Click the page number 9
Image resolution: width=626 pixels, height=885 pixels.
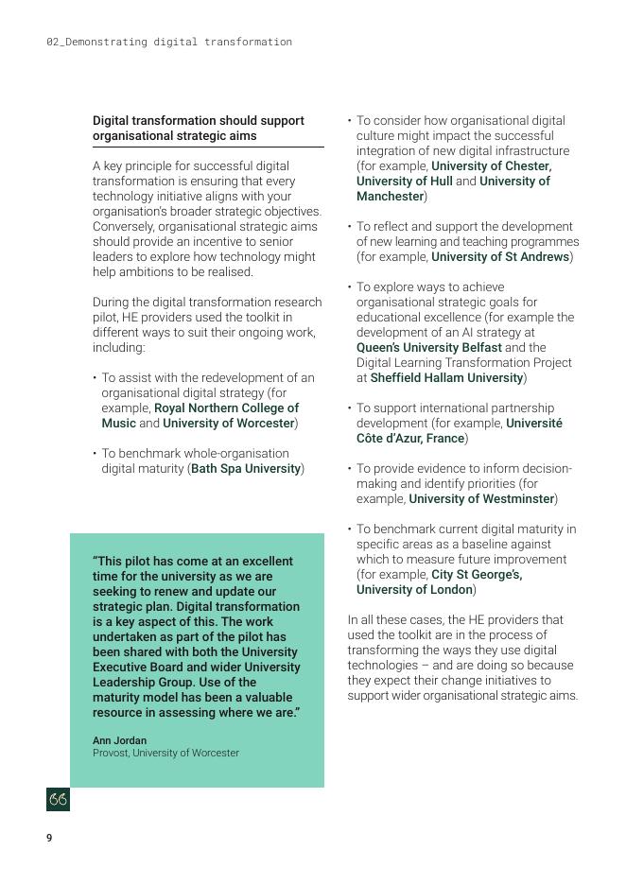49,838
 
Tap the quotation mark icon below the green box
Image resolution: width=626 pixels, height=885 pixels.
58,800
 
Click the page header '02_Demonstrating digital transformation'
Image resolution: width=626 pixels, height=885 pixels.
169,42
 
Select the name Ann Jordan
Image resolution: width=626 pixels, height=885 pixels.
119,740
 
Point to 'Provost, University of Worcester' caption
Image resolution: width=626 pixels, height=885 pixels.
165,754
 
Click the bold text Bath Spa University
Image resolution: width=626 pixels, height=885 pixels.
246,468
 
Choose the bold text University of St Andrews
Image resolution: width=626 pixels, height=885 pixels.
500,256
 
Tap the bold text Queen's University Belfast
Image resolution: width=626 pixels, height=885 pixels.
428,347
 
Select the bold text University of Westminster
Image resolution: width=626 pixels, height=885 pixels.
481,498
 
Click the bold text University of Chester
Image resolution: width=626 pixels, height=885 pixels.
490,165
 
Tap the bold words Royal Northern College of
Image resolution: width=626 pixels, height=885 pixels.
226,408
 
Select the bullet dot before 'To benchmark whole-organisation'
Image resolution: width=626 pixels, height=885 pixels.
96,453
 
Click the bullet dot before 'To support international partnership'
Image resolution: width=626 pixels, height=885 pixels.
350,408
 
